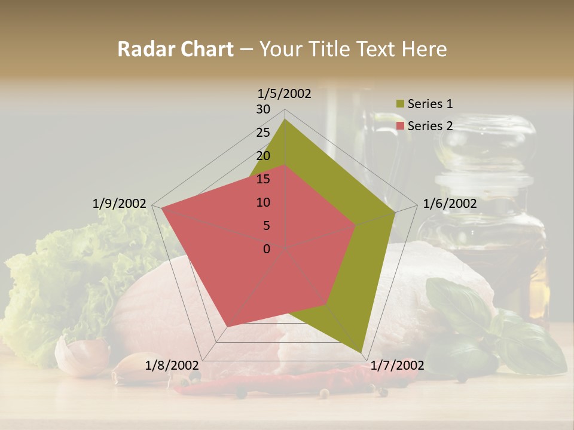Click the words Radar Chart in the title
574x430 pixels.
pyautogui.click(x=175, y=50)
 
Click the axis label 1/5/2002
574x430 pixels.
pyautogui.click(x=285, y=93)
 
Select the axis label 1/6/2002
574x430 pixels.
pyautogui.click(x=450, y=204)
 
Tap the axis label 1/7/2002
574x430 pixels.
pyautogui.click(x=397, y=365)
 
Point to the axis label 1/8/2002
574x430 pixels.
pyautogui.click(x=172, y=365)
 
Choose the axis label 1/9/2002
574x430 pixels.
pyautogui.click(x=120, y=204)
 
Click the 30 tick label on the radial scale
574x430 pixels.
pyautogui.click(x=263, y=109)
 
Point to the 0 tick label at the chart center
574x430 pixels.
pyautogui.click(x=267, y=249)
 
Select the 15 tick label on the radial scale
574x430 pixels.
pyautogui.click(x=263, y=179)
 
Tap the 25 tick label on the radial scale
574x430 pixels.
pyautogui.click(x=263, y=133)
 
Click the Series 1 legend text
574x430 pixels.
pyautogui.click(x=430, y=104)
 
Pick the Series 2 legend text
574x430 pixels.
pyautogui.click(x=430, y=126)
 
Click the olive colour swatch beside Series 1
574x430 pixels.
pyautogui.click(x=400, y=104)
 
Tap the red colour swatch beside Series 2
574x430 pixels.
pyautogui.click(x=400, y=126)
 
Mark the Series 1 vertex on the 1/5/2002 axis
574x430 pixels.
pyautogui.click(x=285, y=119)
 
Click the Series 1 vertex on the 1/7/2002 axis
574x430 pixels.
pyautogui.click(x=362, y=352)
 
